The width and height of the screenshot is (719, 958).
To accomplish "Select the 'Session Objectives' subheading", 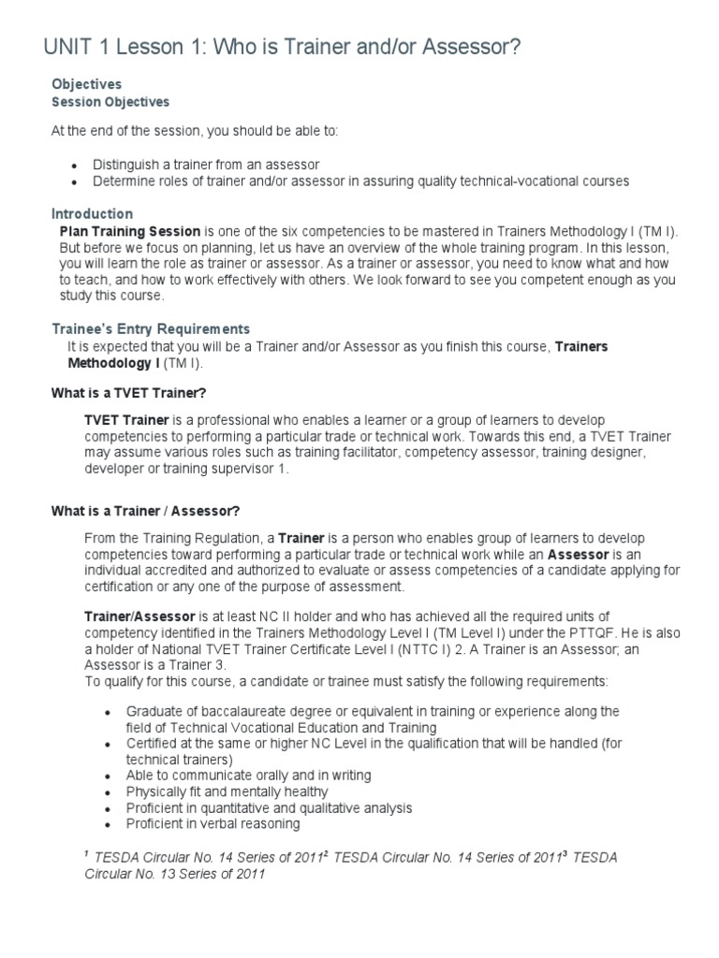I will (x=110, y=102).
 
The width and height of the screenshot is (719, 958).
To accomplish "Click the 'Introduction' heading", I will (x=92, y=214).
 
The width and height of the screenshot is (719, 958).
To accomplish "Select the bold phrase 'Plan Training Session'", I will (x=129, y=231).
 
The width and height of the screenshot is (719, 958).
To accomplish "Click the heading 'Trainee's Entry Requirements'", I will (x=150, y=328).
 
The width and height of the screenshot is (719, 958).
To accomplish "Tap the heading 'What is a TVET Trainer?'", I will (x=128, y=394).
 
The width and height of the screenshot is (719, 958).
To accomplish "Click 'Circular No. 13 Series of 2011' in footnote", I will (x=174, y=875).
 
